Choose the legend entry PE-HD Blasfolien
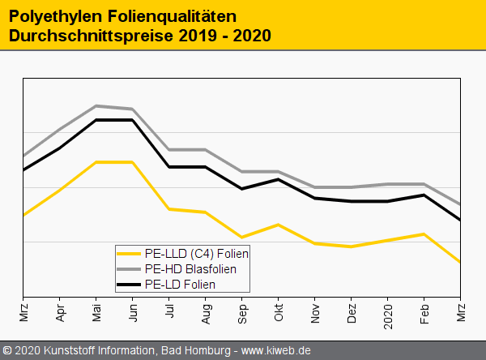(x=190, y=268)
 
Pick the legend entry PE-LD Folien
(x=180, y=284)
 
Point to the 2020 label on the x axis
(x=388, y=312)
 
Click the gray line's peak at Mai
(x=96, y=105)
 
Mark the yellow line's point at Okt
(x=279, y=225)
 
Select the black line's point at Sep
(x=242, y=189)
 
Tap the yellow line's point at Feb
(x=424, y=234)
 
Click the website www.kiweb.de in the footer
(x=276, y=351)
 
